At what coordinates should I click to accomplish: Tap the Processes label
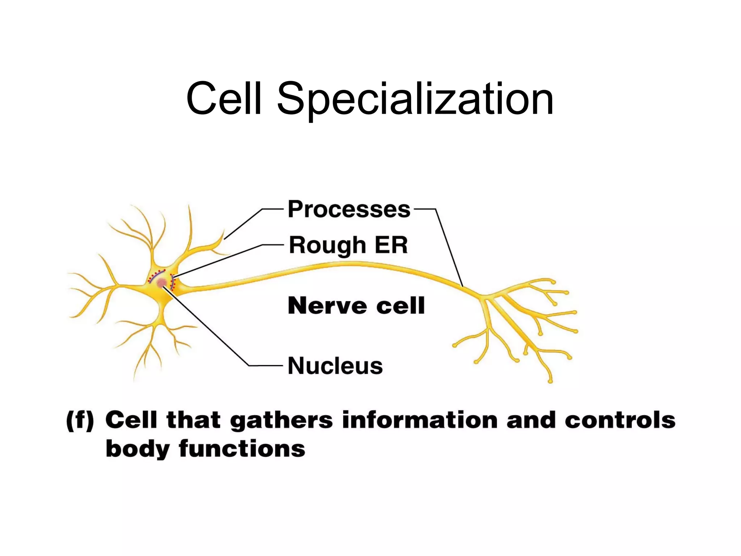coord(349,209)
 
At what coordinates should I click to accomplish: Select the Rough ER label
coord(348,245)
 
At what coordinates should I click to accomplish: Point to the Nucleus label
coord(335,366)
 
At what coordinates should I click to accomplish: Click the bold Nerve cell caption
coord(356,306)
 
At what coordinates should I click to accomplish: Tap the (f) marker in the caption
coord(80,421)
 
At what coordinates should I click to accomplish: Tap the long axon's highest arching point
coord(344,265)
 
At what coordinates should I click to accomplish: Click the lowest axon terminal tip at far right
coord(550,381)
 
